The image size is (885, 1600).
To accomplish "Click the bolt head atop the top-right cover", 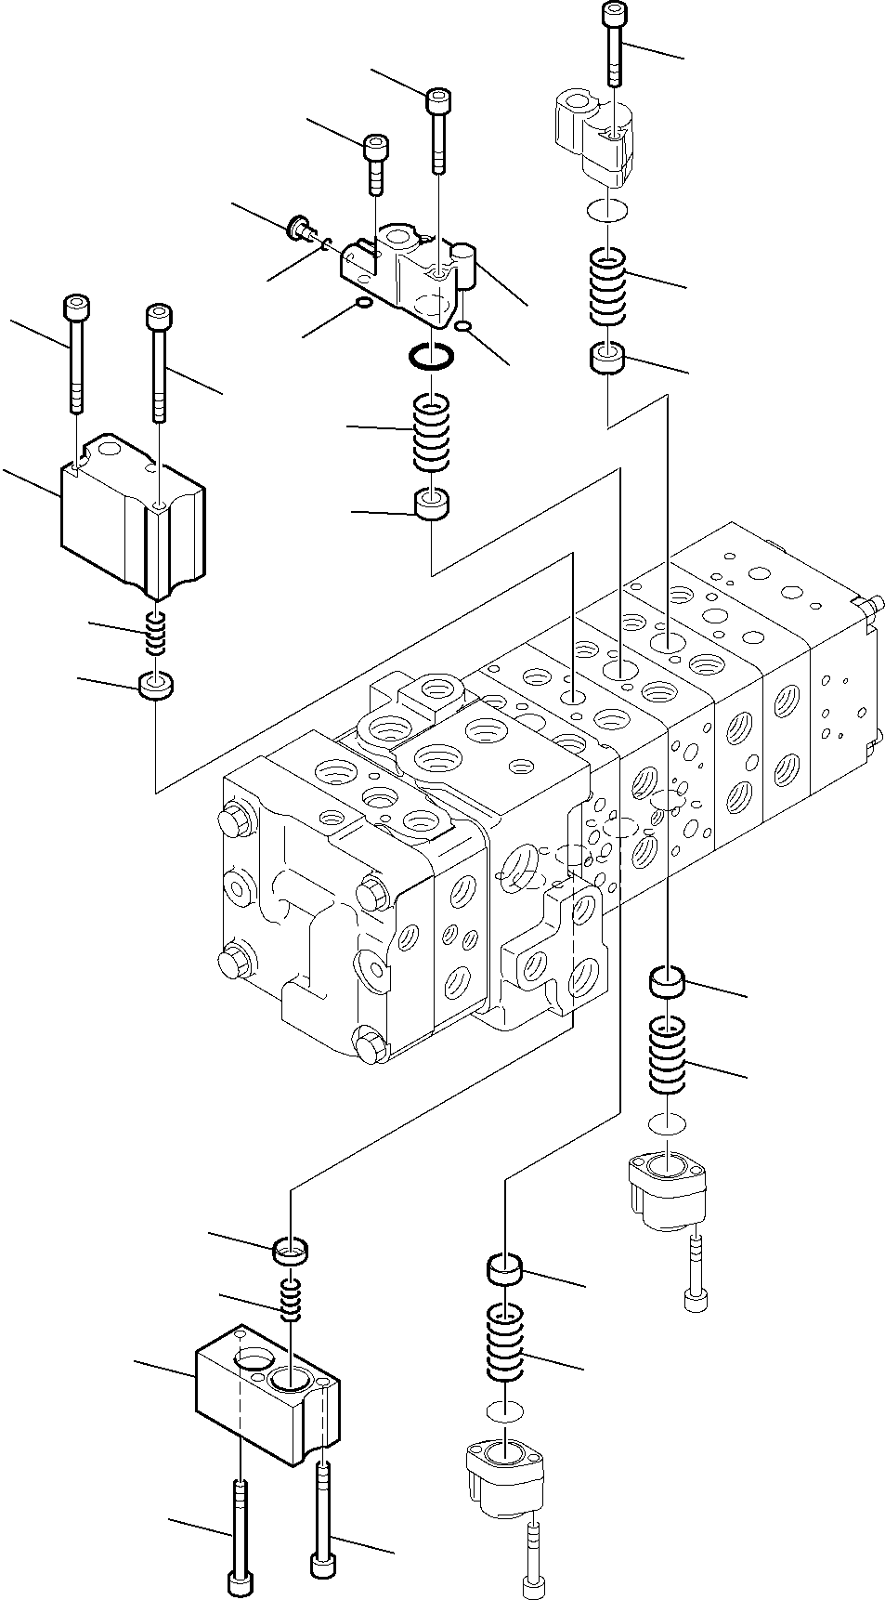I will pos(615,14).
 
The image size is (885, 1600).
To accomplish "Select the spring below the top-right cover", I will pos(608,288).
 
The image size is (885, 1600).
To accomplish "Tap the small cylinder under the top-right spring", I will pos(608,361).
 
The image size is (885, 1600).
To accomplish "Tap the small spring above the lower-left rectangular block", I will pos(292,1299).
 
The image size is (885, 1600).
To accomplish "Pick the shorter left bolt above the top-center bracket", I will pos(375,163).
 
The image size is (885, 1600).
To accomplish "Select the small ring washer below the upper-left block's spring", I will pos(156,688).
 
